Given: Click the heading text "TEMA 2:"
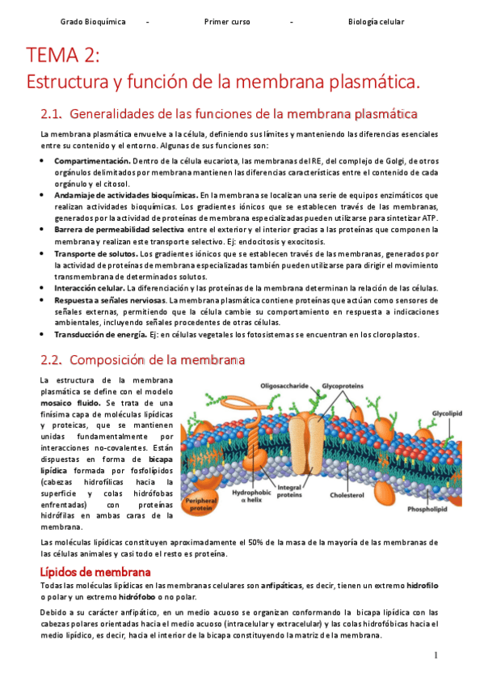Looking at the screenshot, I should [63, 57].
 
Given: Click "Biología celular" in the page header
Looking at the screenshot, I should [376, 22].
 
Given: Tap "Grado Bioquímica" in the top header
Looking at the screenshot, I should [93, 22].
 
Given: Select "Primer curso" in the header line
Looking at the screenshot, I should [227, 22].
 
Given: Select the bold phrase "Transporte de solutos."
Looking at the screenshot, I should [96, 254].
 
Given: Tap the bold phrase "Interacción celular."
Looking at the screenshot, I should [90, 288].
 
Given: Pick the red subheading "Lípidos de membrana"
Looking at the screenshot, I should [95, 572].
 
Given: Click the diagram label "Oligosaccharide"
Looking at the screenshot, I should [284, 386].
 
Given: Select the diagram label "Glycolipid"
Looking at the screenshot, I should [445, 412].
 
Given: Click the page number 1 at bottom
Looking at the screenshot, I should [436, 654].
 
